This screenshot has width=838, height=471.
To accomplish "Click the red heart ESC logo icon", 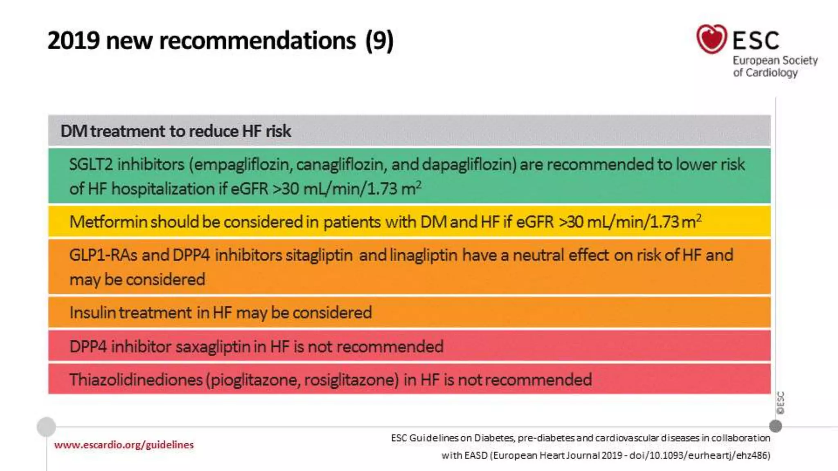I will click(x=712, y=39).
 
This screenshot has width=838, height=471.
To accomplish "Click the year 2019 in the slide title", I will click(x=74, y=40).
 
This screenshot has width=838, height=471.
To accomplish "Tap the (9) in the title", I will click(x=379, y=40).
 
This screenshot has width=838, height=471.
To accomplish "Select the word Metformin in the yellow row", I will click(x=108, y=222).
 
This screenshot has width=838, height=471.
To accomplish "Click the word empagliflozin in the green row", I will click(x=242, y=165).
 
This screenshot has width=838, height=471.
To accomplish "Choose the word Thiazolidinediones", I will click(x=136, y=380).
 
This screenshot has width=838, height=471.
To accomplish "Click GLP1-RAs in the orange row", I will click(x=104, y=255).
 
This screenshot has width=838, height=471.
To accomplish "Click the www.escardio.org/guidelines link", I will click(x=124, y=445).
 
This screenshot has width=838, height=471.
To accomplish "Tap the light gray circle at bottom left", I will click(x=46, y=427).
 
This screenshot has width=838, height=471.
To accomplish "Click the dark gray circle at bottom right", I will click(x=775, y=426).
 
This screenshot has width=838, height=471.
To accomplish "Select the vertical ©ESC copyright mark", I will click(x=781, y=403).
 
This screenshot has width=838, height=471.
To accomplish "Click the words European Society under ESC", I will click(x=775, y=61).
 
